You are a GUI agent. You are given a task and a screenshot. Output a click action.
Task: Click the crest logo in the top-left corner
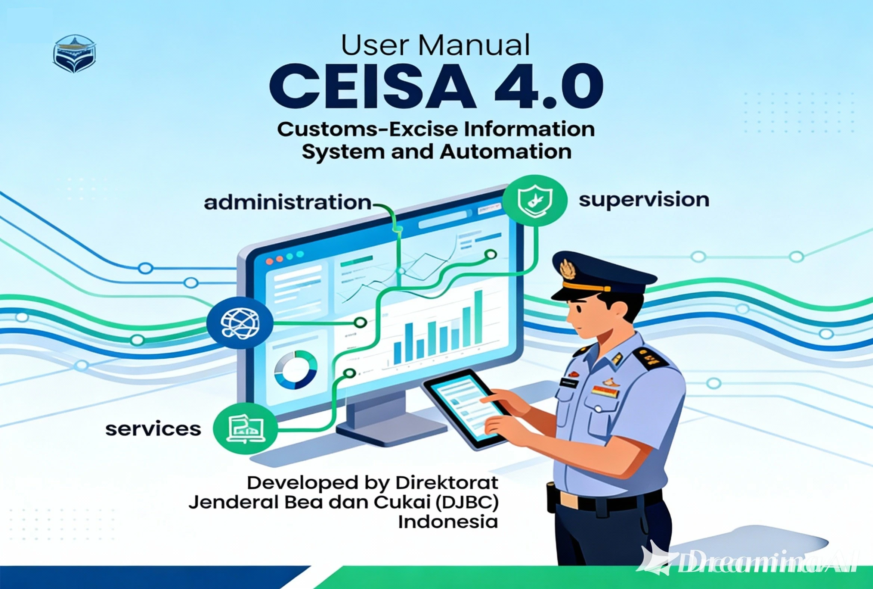tap(74, 53)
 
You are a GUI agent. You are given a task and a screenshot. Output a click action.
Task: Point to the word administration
tap(287, 203)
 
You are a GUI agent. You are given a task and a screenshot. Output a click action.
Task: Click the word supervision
tap(644, 200)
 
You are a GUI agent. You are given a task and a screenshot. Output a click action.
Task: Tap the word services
tap(153, 429)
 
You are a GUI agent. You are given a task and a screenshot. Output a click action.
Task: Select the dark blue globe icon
tap(240, 322)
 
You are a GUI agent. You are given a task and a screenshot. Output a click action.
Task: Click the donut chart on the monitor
tap(295, 370)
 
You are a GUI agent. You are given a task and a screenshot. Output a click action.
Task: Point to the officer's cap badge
tap(567, 269)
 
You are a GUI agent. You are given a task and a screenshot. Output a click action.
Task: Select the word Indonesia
tap(448, 522)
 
